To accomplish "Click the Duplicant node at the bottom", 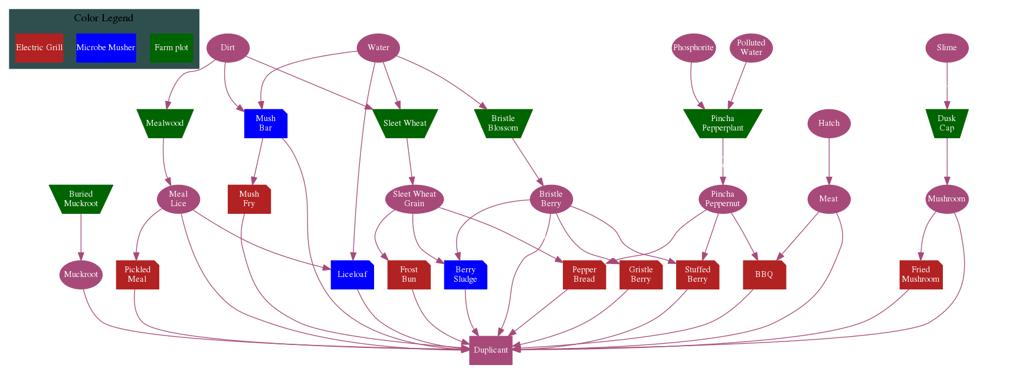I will (x=491, y=350).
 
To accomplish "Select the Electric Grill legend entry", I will (x=39, y=48).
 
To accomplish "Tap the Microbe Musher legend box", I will (x=106, y=48).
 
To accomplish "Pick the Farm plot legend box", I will (x=171, y=48).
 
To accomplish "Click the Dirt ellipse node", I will (x=228, y=48).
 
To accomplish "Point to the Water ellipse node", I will (x=378, y=48).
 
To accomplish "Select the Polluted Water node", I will (x=751, y=48).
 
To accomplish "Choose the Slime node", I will (x=946, y=48).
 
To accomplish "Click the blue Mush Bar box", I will (x=266, y=123).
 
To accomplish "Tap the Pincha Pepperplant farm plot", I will (x=722, y=123).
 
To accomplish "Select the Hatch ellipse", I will (x=828, y=123).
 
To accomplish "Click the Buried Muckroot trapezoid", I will (x=81, y=198).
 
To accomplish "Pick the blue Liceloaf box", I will (x=352, y=274).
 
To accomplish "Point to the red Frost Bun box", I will (x=408, y=274).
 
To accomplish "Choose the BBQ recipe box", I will (x=764, y=274).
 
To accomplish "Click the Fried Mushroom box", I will (x=920, y=274).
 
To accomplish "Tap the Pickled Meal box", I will (x=137, y=274).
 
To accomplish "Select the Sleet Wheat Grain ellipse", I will (x=414, y=198).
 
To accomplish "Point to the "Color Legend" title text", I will (x=104, y=18).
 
